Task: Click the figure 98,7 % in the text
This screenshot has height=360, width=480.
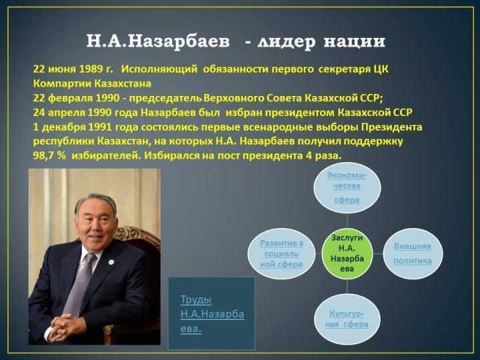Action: pos(49,156)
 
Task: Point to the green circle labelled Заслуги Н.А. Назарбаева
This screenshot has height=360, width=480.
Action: pos(347,253)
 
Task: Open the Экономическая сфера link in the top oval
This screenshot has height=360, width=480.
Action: pos(347,187)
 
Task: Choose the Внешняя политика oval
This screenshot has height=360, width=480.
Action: pos(413,253)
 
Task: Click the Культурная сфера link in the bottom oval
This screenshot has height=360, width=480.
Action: pos(347,319)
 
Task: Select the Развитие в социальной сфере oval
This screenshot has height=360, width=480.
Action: pos(281,253)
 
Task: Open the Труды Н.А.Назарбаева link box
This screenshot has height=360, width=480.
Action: pos(211,313)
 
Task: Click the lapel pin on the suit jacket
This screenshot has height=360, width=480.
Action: pos(111,262)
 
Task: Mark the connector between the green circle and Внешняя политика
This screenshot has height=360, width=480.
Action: pos(378,253)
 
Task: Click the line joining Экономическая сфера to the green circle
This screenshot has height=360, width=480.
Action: pos(347,221)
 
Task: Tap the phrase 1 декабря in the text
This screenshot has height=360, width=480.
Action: pos(59,127)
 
